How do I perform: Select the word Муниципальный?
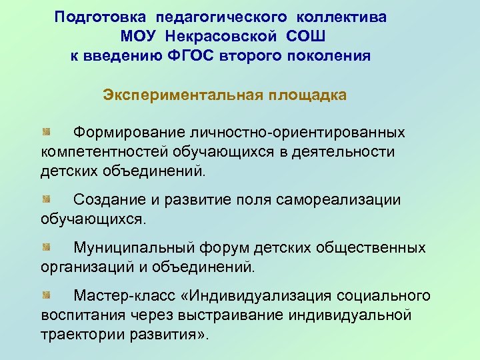coord(133,248)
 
